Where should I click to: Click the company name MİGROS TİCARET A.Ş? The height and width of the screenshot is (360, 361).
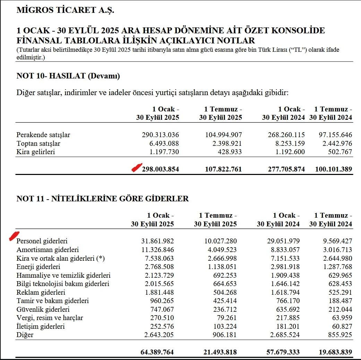[x=65, y=10]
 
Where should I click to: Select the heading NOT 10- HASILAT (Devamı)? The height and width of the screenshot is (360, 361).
[x=68, y=76]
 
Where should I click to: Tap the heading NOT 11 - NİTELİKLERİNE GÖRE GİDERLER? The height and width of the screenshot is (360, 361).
[x=103, y=199]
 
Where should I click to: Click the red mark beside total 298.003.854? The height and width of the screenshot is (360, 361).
[x=137, y=168]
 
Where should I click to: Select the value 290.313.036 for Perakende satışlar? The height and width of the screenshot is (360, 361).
[x=160, y=135]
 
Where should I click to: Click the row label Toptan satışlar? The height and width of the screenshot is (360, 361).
[x=38, y=143]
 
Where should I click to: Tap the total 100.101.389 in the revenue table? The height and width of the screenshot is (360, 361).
[x=334, y=169]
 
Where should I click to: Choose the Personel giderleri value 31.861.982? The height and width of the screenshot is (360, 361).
[x=155, y=241]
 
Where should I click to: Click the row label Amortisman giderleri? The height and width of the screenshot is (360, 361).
[x=48, y=250]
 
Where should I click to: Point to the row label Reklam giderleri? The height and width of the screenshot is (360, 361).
[x=41, y=292]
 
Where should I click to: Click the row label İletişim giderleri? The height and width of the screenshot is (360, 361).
[x=40, y=326]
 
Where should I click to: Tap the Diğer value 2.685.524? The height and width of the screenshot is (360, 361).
[x=281, y=335]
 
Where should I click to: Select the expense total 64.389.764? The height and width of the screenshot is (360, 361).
[x=157, y=352]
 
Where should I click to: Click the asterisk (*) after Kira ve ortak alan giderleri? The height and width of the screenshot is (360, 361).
[x=101, y=258]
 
